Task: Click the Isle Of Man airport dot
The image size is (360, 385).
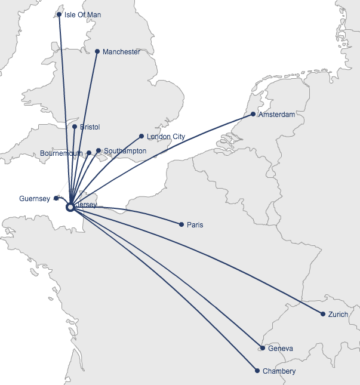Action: (59, 14)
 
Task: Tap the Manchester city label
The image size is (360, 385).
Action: (121, 52)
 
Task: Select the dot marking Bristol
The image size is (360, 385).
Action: (75, 127)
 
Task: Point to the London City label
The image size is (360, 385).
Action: (165, 137)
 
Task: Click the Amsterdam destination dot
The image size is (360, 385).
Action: (253, 114)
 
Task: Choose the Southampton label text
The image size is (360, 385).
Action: (125, 151)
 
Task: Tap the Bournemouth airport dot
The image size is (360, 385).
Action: (89, 153)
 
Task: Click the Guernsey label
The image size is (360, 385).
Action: (35, 199)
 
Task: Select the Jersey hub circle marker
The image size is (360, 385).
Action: (70, 207)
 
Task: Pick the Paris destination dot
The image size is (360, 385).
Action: (181, 225)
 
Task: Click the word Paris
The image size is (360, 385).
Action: (195, 225)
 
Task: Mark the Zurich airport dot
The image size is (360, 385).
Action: (323, 314)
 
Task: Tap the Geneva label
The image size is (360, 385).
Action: (281, 349)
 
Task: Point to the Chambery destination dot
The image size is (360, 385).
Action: (257, 371)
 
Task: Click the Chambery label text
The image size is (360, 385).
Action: (279, 371)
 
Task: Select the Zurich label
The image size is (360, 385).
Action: (338, 315)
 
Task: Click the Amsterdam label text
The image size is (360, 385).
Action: (276, 115)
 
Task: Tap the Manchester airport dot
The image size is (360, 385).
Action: (97, 51)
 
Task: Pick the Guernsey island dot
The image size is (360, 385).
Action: (56, 198)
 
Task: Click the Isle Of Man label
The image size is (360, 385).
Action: (82, 15)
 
